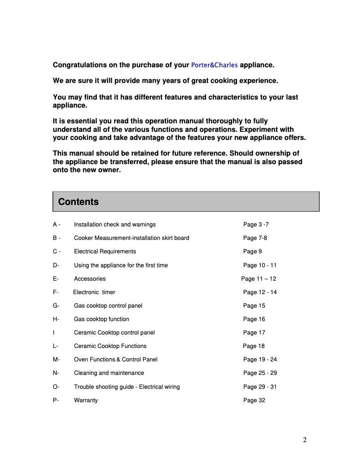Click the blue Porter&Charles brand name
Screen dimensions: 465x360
tap(214, 65)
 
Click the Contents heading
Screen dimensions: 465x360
tap(78, 202)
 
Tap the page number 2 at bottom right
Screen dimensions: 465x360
tap(305, 440)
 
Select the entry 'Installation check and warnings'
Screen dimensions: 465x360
tap(114, 225)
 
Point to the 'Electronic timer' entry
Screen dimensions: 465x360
tap(94, 292)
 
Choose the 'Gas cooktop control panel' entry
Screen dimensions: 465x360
tap(108, 306)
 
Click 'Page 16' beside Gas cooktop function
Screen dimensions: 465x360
tap(254, 319)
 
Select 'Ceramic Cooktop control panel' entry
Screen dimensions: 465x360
tap(114, 333)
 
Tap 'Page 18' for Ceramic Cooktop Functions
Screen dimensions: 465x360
tap(254, 346)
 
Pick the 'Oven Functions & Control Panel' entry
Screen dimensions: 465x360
tap(115, 360)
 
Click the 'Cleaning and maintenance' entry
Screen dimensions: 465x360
tap(109, 373)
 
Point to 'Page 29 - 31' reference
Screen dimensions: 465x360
tap(260, 387)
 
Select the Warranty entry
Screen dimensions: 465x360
tap(86, 400)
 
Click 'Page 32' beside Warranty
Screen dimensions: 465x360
tap(254, 400)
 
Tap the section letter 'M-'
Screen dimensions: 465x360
tap(56, 360)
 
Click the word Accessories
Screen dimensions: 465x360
tap(90, 279)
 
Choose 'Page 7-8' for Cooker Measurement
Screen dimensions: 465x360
tap(255, 238)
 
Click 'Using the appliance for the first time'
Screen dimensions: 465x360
tap(121, 265)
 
